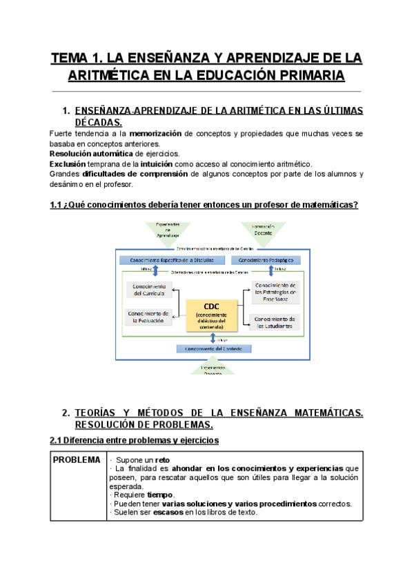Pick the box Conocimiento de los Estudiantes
tap(275, 322)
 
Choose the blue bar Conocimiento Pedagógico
tap(269, 260)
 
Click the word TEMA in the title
tap(70, 58)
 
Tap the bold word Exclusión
tap(68, 163)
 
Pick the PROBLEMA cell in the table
tap(78, 460)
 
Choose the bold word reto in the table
tap(162, 460)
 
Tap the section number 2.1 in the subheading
tap(57, 439)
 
